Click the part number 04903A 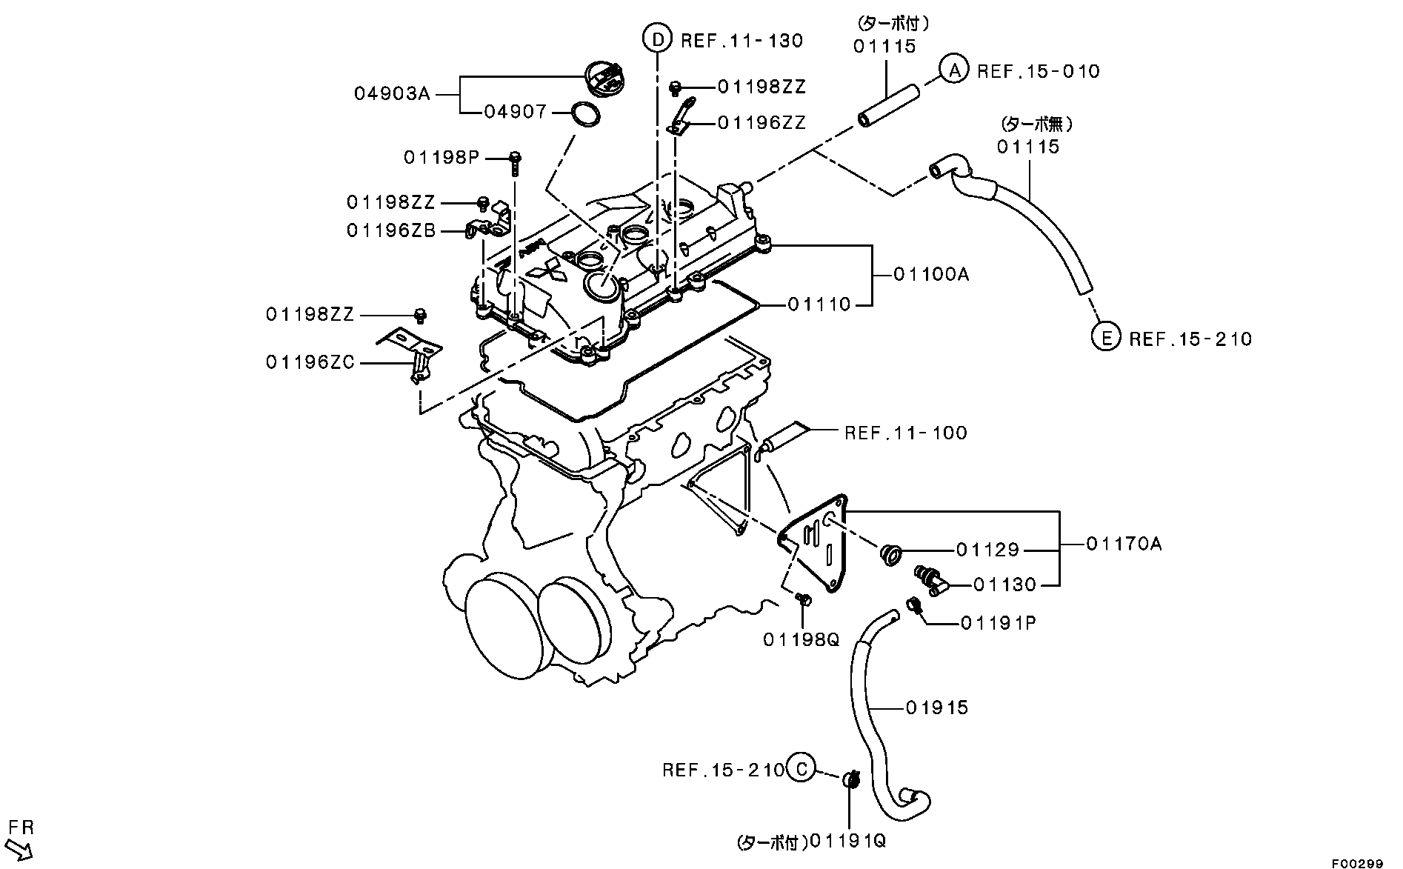(391, 94)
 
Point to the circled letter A (955, 70)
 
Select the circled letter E (1106, 338)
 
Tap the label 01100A (930, 274)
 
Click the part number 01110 (819, 304)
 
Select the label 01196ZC (310, 362)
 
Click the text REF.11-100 (905, 433)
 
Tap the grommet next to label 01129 (890, 553)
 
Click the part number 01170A (1124, 545)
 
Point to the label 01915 (936, 707)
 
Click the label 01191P (998, 623)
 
